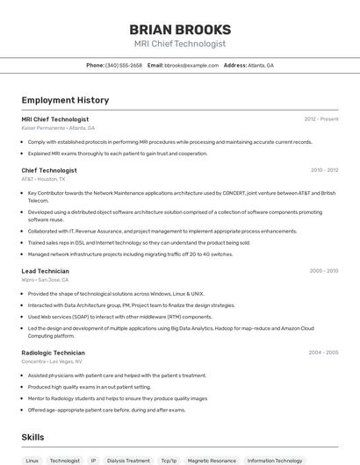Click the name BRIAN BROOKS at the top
pyautogui.click(x=180, y=29)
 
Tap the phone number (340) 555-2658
pyautogui.click(x=124, y=65)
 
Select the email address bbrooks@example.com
pyautogui.click(x=191, y=65)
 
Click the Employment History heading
pyautogui.click(x=65, y=100)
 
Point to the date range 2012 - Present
pyautogui.click(x=320, y=118)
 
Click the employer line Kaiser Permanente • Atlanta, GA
pyautogui.click(x=58, y=128)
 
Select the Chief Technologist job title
pyautogui.click(x=49, y=170)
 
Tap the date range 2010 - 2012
pyautogui.click(x=324, y=170)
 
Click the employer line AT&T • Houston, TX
pyautogui.click(x=44, y=179)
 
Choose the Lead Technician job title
pyautogui.click(x=46, y=271)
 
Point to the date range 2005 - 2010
pyautogui.click(x=323, y=271)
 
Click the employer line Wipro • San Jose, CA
pyautogui.click(x=46, y=280)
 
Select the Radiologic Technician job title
pyautogui.click(x=53, y=353)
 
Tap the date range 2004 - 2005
pyautogui.click(x=323, y=353)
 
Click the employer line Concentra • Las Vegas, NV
pyautogui.click(x=52, y=361)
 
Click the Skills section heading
pyautogui.click(x=32, y=437)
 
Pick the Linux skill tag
pyautogui.click(x=32, y=460)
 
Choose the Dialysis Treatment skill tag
pyautogui.click(x=128, y=460)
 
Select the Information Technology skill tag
pyautogui.click(x=275, y=460)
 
